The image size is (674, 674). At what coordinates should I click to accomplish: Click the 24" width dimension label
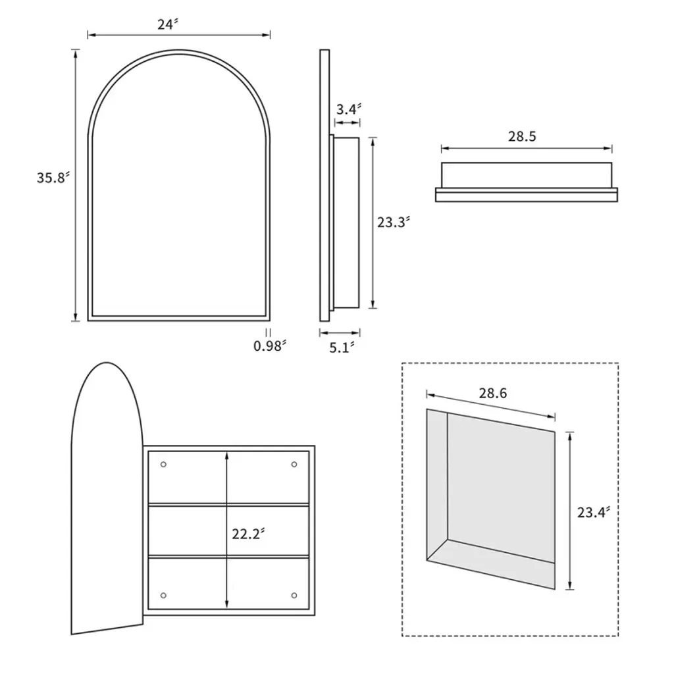168,24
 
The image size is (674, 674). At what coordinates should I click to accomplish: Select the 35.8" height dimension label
53,177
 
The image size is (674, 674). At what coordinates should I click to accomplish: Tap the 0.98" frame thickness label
269,346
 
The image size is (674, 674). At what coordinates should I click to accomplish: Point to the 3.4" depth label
349,109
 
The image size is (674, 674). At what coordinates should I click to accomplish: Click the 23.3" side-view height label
394,222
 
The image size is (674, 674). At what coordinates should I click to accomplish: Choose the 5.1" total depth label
342,347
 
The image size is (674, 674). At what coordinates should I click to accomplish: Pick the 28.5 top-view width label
522,136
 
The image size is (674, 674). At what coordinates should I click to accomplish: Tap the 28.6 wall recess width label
492,393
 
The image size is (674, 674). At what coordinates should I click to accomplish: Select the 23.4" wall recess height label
594,512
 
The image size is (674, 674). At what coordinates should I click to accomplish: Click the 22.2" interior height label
248,533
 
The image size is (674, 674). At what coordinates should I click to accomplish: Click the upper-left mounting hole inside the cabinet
163,464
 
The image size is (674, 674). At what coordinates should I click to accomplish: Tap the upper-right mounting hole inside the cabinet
294,464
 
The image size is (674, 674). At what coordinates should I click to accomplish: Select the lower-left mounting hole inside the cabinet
163,595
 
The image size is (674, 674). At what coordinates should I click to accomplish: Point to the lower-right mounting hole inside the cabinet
294,595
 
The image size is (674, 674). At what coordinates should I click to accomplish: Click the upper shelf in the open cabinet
228,504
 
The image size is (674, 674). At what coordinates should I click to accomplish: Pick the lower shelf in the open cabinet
228,557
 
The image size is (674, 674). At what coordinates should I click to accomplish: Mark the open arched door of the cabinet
107,499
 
